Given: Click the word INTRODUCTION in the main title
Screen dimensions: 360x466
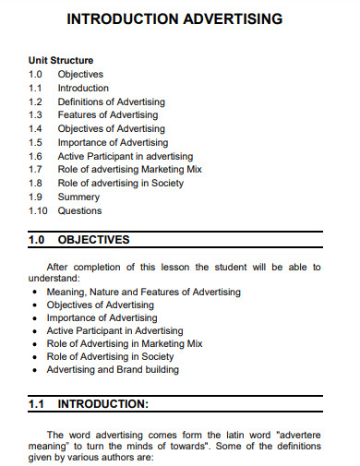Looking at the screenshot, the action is [119, 18].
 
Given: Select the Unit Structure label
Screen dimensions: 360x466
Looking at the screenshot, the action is [59, 60].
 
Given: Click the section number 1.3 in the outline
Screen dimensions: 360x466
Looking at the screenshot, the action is [35, 115].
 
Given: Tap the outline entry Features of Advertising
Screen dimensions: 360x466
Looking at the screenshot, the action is [108, 115].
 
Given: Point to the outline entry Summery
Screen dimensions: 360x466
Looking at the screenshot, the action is [78, 197].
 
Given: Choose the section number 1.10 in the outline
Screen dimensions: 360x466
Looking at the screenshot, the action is [38, 210].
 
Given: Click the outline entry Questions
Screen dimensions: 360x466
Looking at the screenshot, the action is [79, 210].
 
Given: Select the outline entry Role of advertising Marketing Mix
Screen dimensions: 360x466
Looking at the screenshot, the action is [129, 170].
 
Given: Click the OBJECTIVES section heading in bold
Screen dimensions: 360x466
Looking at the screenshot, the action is [94, 241].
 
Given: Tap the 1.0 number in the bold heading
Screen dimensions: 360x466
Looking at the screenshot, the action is [37, 241].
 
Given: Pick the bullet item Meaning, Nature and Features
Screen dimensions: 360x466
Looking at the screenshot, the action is [143, 292].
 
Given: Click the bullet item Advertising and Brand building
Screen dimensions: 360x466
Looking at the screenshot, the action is [113, 370].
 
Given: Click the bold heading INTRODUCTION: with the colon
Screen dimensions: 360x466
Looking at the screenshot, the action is [102, 404].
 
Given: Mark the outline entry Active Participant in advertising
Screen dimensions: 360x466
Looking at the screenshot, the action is [126, 156].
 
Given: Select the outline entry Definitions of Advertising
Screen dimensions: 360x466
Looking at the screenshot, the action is [112, 102].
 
